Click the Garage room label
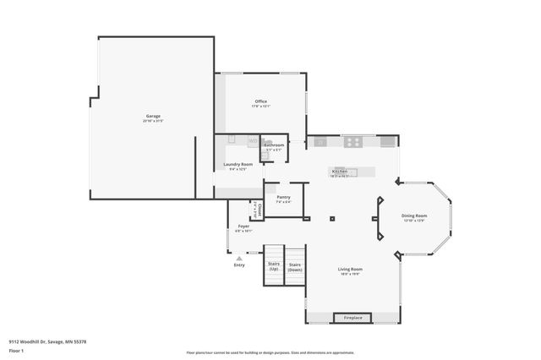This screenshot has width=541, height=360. [x=152, y=117]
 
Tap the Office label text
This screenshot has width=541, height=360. [x=261, y=101]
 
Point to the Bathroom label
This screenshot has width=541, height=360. [x=274, y=145]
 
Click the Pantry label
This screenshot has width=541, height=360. [x=283, y=197]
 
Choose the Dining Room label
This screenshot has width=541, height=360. [x=414, y=215]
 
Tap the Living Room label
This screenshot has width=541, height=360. [x=350, y=269]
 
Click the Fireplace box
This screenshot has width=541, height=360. [x=352, y=318]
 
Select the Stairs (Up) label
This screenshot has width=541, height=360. [x=274, y=265]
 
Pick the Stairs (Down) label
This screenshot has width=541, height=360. [x=295, y=265]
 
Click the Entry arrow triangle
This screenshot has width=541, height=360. [x=239, y=258]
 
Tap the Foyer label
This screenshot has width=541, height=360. [x=243, y=226]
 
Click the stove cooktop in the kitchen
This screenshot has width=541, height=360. [x=352, y=142]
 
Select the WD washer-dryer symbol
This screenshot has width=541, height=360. [x=253, y=141]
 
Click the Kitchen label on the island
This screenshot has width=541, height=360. [x=339, y=171]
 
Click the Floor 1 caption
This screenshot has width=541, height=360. [x=15, y=350]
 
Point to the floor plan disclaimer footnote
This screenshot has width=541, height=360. [x=270, y=352]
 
